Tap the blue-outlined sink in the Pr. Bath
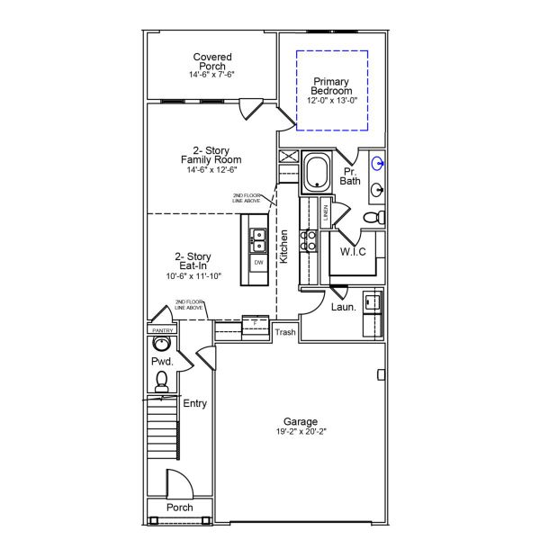pos(379,164)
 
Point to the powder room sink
pos(162,344)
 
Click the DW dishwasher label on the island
pos(258,263)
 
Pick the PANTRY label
pos(162,330)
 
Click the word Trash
pos(284,332)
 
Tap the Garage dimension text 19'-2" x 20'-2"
pos(301,432)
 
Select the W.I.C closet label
pos(353,252)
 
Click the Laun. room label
pos(344,307)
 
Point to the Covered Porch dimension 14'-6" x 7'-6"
pos(211,75)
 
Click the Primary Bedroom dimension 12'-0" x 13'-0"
pos(331,100)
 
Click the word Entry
pos(195,404)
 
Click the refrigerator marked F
pos(256,323)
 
